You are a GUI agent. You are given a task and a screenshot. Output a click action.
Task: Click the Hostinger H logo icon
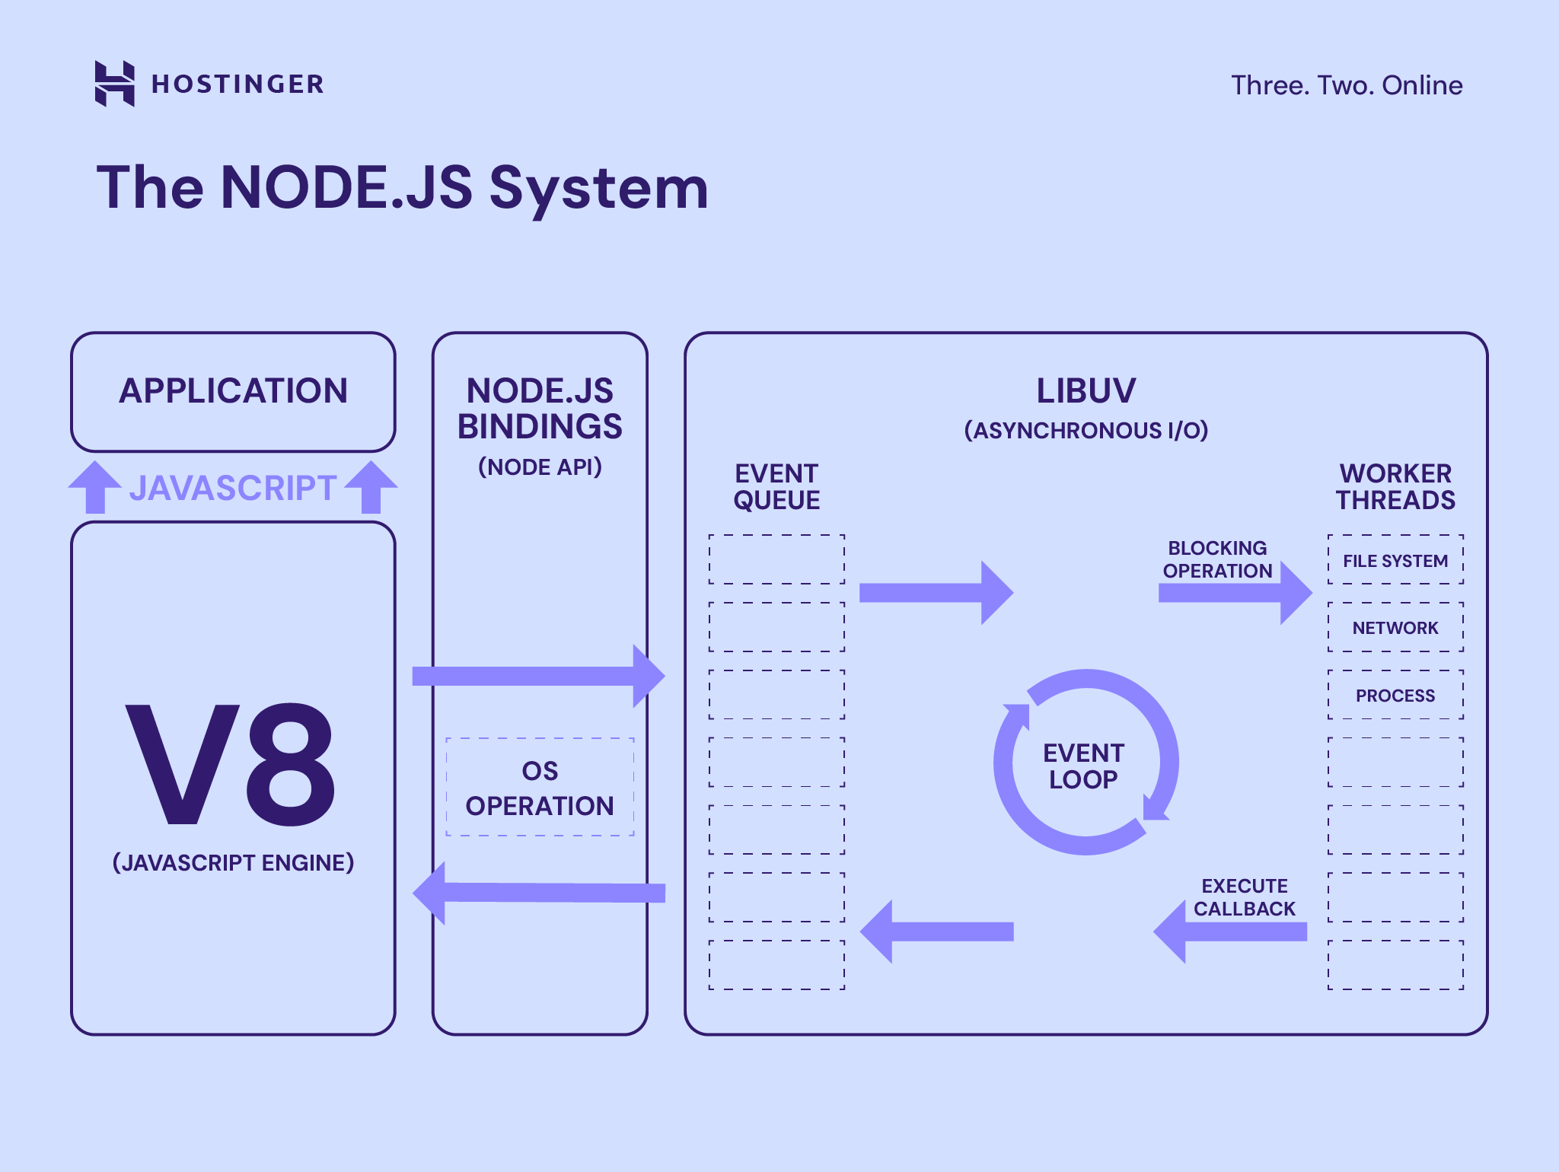point(114,84)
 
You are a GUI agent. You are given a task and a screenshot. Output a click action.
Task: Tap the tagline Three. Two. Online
point(1346,85)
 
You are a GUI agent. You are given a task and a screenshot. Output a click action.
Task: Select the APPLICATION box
point(233,392)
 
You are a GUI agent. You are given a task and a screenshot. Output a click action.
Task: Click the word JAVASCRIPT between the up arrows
point(232,488)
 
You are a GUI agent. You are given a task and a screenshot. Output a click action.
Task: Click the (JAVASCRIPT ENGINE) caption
point(233,862)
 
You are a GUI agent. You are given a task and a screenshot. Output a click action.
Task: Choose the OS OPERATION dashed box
point(540,788)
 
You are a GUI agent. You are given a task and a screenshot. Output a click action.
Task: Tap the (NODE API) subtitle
point(540,467)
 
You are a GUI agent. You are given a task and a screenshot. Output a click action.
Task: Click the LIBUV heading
point(1086,391)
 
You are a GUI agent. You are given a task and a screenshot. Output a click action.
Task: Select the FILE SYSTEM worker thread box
point(1395,560)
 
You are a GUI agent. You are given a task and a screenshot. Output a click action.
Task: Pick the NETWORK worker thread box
point(1395,627)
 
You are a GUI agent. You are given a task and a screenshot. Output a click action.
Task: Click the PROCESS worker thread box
point(1395,695)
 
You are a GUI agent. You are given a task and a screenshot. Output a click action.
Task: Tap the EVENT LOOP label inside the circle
point(1083,766)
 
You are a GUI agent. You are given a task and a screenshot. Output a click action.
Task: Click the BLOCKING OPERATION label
point(1216,559)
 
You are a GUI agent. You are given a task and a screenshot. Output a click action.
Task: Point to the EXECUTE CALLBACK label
point(1244,897)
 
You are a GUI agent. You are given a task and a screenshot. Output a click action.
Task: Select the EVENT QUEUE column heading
point(776,487)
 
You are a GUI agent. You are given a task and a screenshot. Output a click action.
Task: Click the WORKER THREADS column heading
point(1395,487)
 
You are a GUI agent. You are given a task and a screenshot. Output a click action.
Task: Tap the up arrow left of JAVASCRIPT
point(94,486)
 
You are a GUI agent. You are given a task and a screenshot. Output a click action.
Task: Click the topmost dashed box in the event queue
point(776,559)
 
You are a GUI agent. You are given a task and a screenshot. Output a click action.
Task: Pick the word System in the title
point(598,188)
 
